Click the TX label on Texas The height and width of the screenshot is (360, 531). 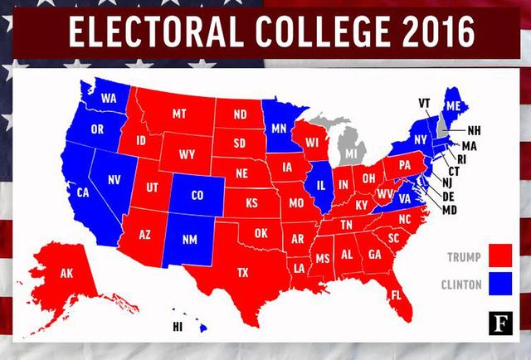(243, 272)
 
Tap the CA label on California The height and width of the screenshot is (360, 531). (83, 192)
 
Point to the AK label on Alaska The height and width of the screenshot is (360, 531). (67, 273)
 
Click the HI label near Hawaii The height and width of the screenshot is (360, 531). (177, 327)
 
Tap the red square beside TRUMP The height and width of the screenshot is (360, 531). (499, 253)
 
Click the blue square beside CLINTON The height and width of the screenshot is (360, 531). (499, 284)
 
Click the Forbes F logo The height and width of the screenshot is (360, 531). (500, 319)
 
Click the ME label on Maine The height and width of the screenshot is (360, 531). (453, 106)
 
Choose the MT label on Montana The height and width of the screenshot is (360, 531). (179, 114)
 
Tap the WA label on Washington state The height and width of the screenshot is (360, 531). (108, 98)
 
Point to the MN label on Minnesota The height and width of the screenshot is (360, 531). (280, 129)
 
